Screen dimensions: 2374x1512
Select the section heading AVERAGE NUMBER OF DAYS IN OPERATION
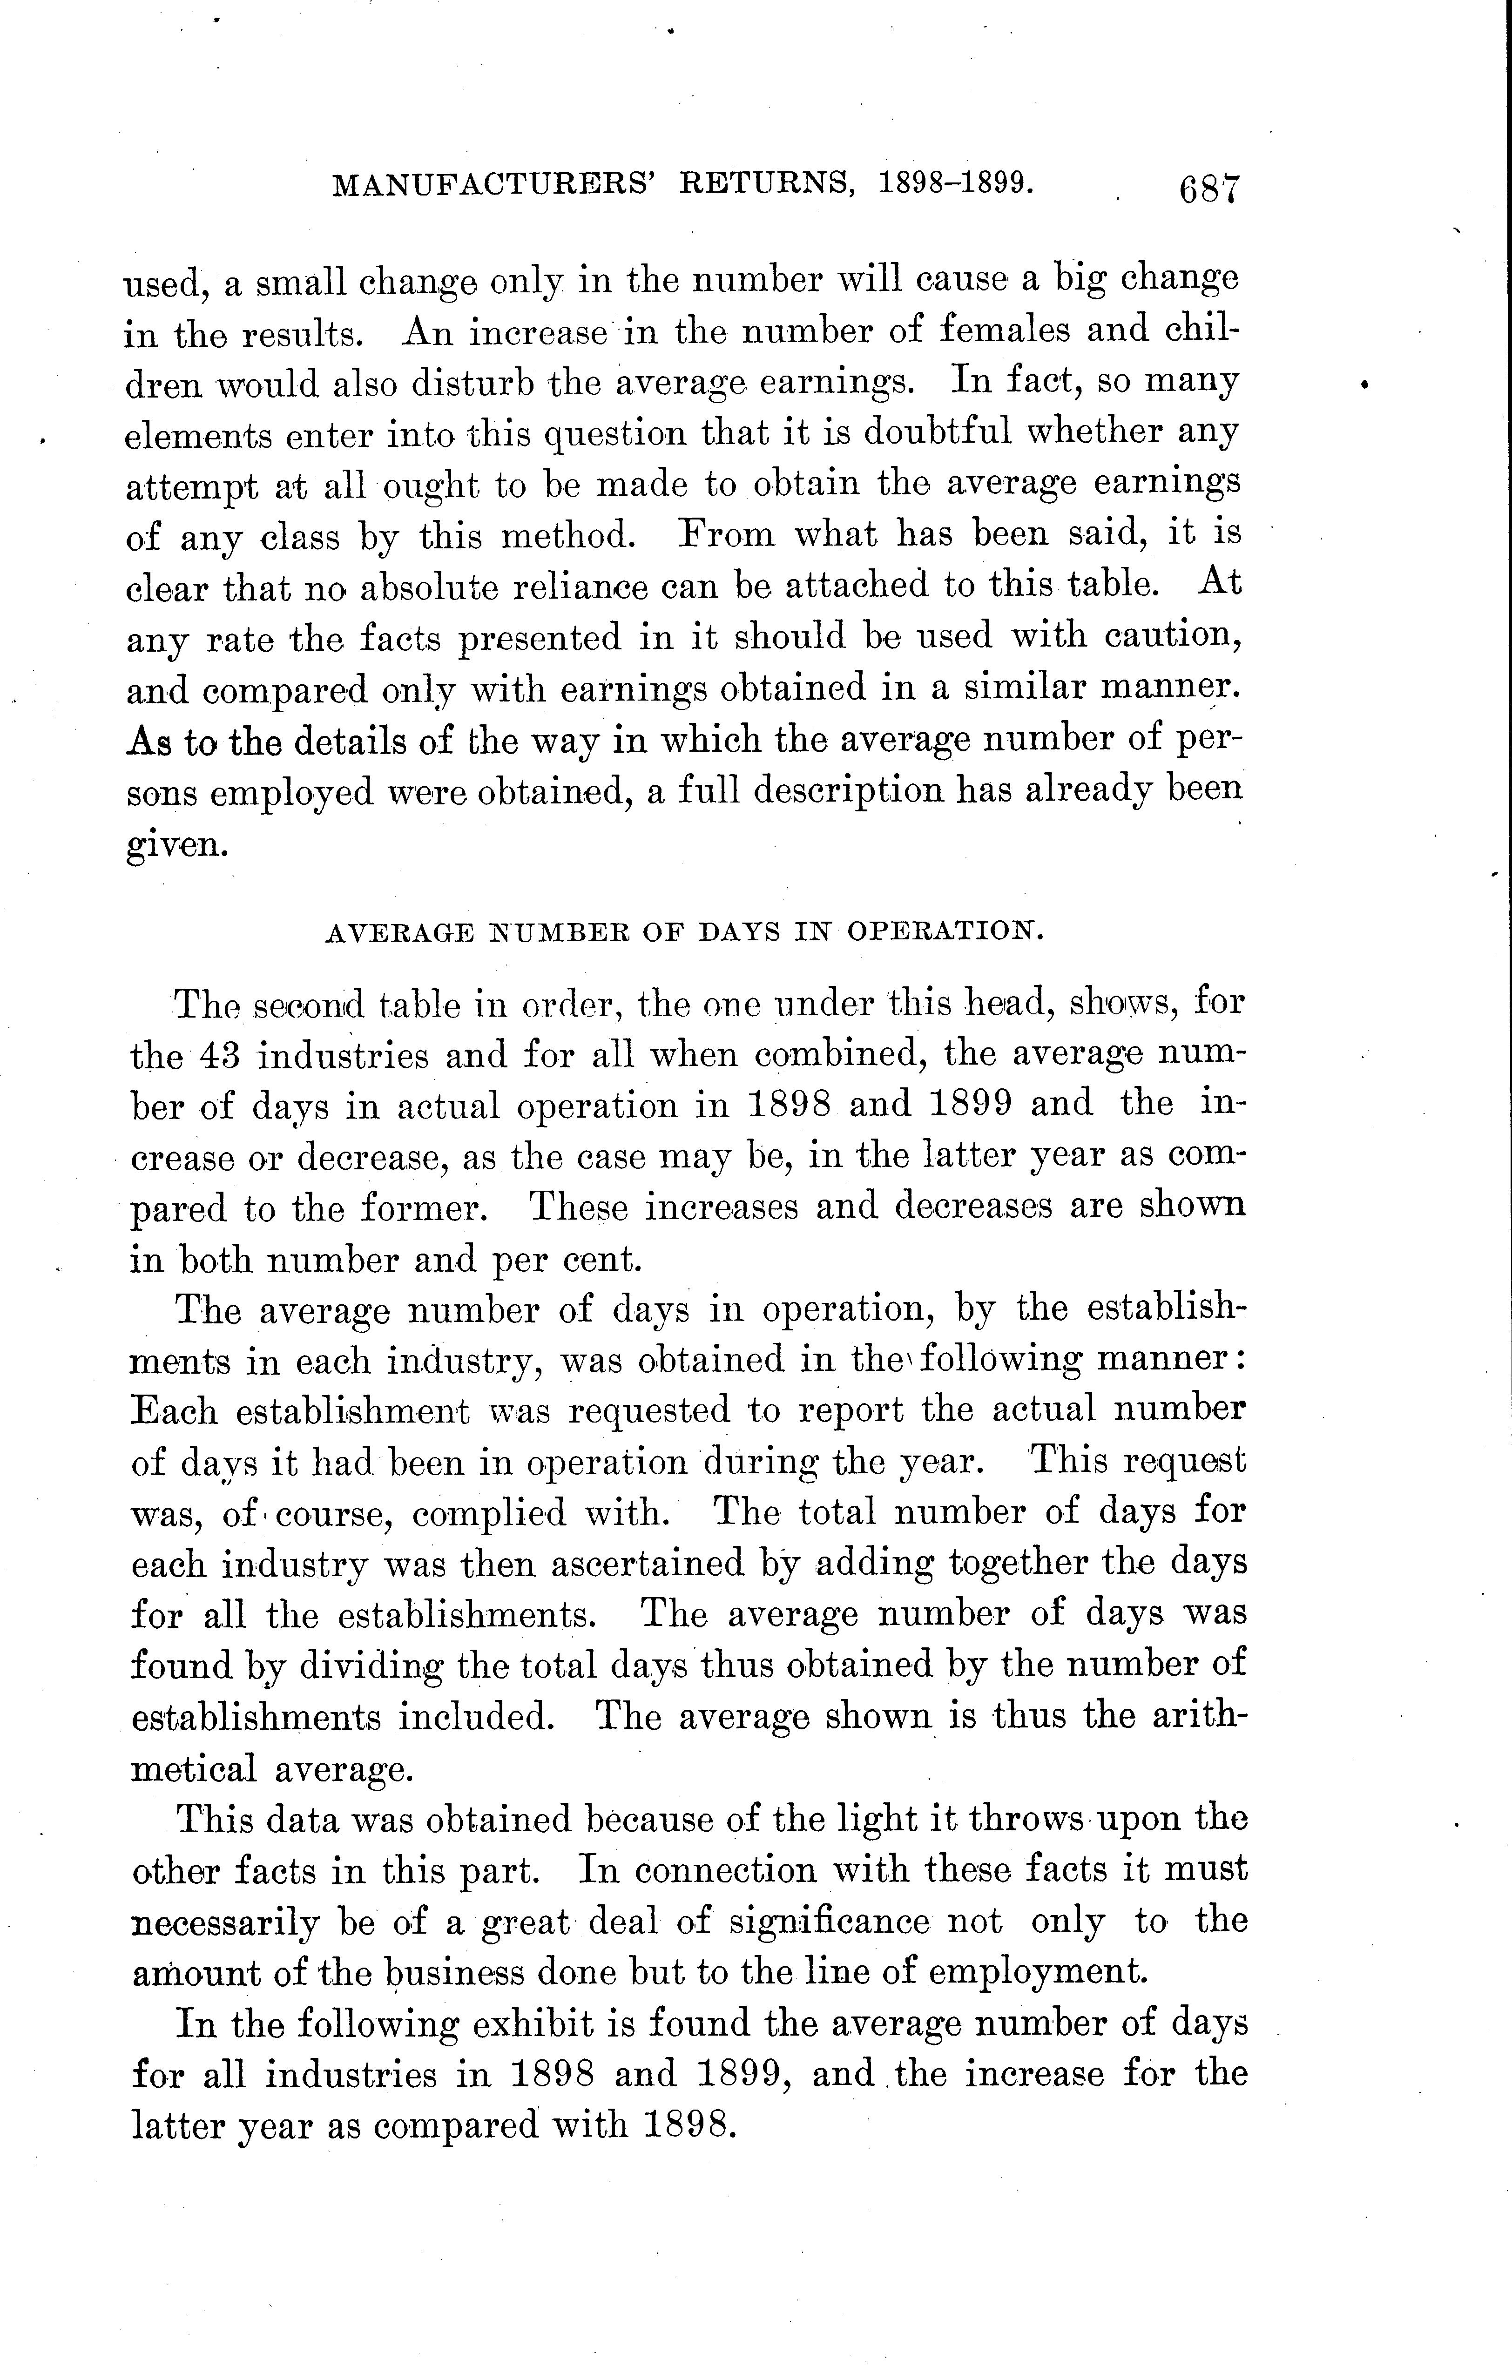click(683, 931)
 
